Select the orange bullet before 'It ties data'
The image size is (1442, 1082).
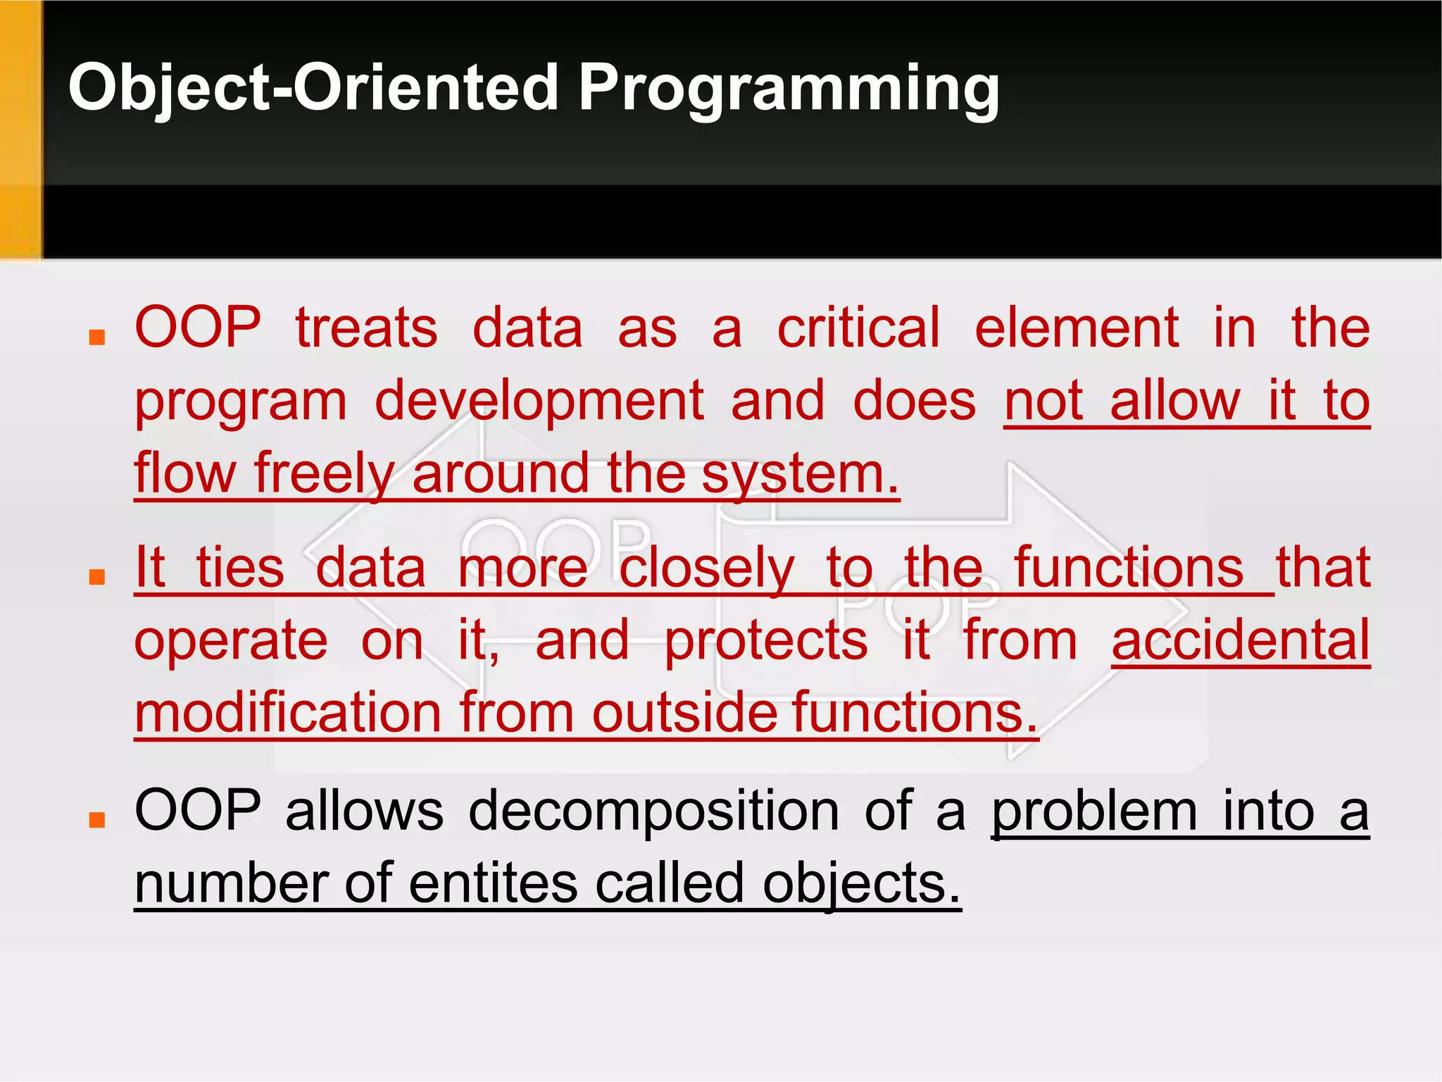97,577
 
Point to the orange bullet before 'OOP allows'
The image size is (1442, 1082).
97,819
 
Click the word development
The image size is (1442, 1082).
539,401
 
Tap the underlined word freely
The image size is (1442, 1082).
323,473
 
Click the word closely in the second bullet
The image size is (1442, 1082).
706,568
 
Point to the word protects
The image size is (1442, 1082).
766,640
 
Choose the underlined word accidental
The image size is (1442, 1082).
1241,640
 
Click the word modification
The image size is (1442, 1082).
287,713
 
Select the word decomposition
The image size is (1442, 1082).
653,811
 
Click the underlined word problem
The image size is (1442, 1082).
1094,811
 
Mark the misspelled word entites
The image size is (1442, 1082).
493,883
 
